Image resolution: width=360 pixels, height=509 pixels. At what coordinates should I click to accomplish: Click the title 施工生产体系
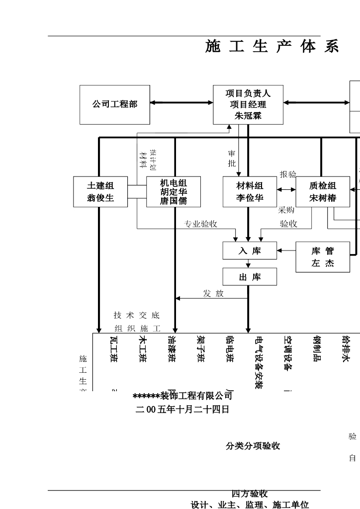click(x=272, y=47)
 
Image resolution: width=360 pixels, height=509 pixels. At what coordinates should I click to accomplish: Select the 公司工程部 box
click(x=114, y=104)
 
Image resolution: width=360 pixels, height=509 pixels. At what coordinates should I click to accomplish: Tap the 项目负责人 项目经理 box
click(x=248, y=104)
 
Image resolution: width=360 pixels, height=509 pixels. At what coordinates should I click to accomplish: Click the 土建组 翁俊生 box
click(x=100, y=192)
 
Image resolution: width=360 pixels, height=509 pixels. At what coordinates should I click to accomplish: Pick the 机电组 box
click(x=174, y=192)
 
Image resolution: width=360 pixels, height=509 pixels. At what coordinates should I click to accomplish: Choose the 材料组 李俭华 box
click(x=250, y=192)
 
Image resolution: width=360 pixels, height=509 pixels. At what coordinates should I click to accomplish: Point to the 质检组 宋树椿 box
click(x=323, y=192)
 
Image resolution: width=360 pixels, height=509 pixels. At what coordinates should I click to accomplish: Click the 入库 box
click(x=250, y=251)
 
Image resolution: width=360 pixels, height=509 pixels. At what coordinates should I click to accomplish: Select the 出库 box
click(x=250, y=277)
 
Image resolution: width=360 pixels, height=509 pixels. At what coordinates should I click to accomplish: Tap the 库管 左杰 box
click(x=323, y=257)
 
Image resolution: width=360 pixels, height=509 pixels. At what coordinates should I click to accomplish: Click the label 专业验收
click(x=201, y=224)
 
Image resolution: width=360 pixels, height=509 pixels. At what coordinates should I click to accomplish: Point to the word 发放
click(x=213, y=293)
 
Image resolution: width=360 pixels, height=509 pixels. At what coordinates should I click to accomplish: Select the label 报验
click(x=287, y=174)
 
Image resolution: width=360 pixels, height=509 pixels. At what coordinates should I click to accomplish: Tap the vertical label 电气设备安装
click(x=259, y=362)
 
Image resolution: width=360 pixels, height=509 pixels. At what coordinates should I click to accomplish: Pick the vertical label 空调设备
click(x=287, y=353)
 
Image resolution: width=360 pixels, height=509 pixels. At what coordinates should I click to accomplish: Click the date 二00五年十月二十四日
click(x=182, y=410)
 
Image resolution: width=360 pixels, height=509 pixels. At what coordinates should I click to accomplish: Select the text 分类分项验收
click(x=253, y=446)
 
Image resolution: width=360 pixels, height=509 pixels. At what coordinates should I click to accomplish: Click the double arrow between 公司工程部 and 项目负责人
click(x=181, y=103)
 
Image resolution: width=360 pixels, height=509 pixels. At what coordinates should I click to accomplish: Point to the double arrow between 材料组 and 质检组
click(x=286, y=189)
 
